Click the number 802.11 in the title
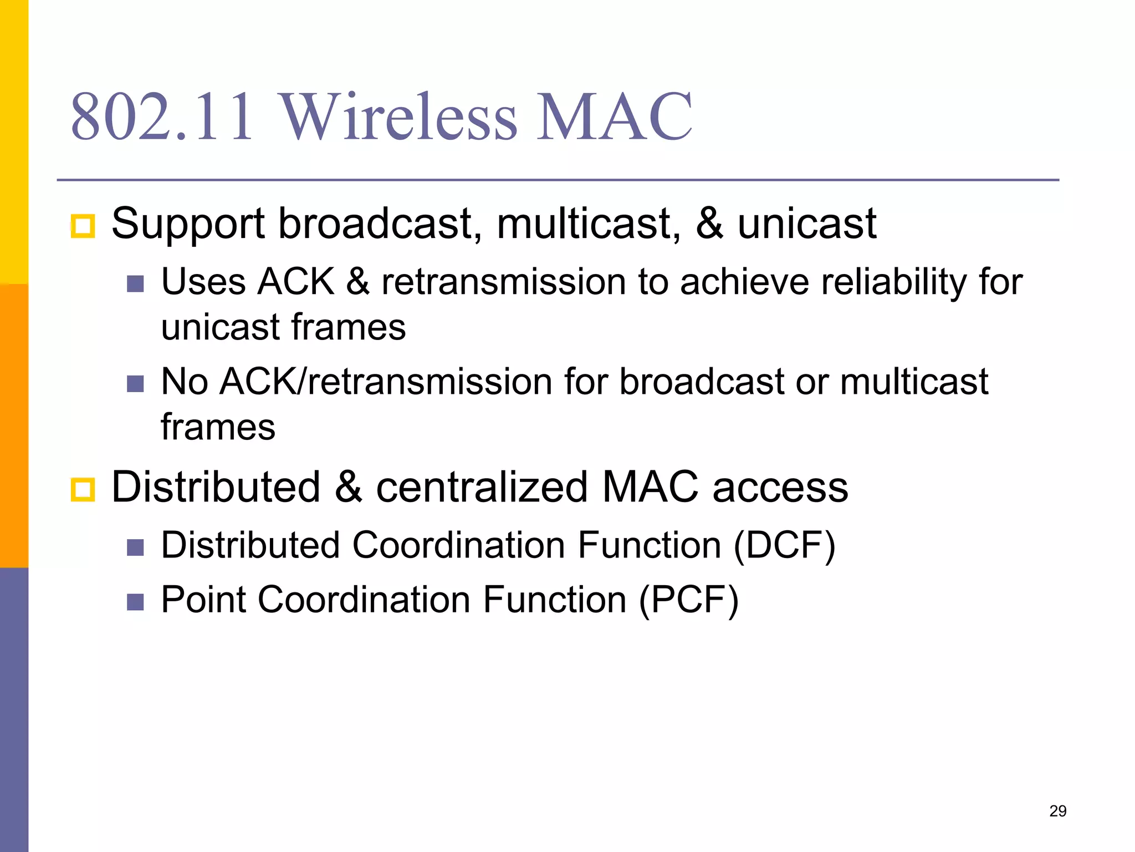[x=162, y=118]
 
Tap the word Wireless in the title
[x=399, y=118]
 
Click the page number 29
[x=1057, y=811]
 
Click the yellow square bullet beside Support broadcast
[x=83, y=226]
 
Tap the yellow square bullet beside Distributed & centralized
[x=83, y=490]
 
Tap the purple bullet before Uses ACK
[x=135, y=284]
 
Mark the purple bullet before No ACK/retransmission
[x=135, y=384]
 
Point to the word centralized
[x=482, y=487]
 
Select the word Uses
[x=203, y=282]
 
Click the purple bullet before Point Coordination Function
[x=135, y=602]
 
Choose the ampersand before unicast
[x=709, y=224]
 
